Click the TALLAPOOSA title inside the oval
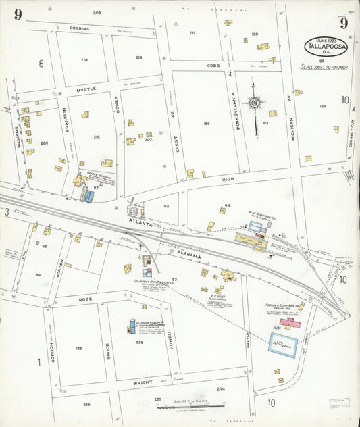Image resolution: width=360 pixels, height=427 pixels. pos(327,46)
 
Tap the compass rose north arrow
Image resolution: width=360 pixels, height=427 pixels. pos(255,103)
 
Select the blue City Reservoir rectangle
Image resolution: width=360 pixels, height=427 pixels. pos(284,345)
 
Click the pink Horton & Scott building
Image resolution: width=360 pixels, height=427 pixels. pos(291,324)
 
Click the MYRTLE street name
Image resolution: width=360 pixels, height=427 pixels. pos(86,89)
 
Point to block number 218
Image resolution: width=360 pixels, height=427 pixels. pos(84,60)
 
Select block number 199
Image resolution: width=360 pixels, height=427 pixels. pos(205,123)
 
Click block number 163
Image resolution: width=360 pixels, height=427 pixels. pos(323,106)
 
